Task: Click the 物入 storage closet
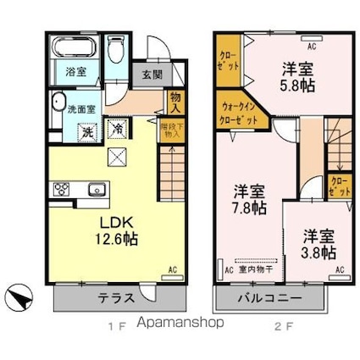(x=176, y=102)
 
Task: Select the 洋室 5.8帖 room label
(x=298, y=75)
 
